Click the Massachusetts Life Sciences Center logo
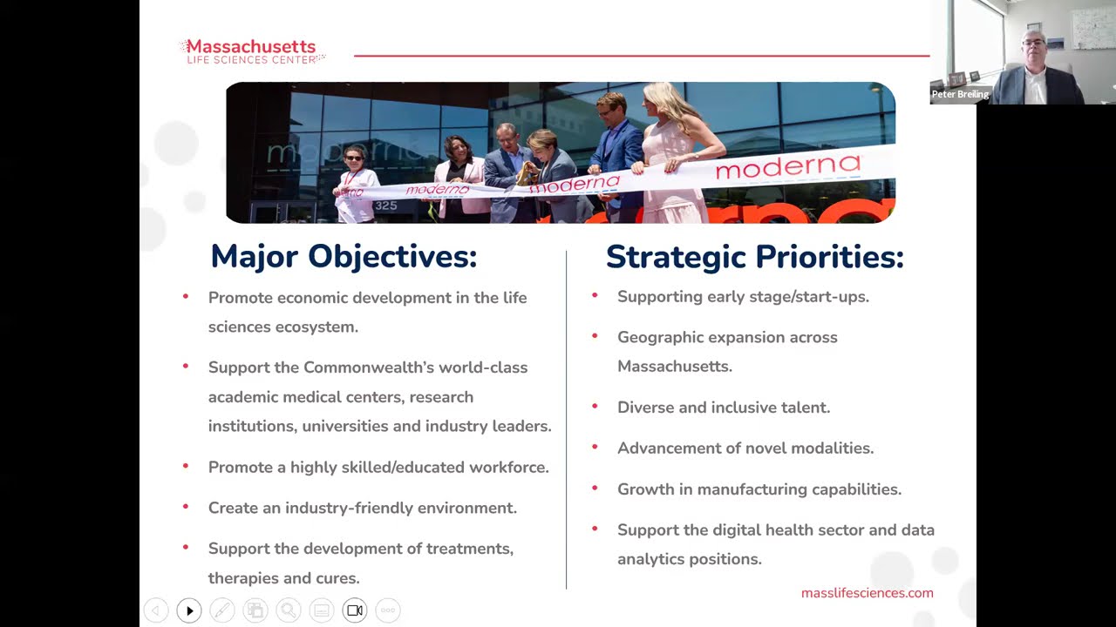pyautogui.click(x=251, y=51)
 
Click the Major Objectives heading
pyautogui.click(x=344, y=257)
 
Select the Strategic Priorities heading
pyautogui.click(x=754, y=257)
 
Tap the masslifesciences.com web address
pyautogui.click(x=867, y=593)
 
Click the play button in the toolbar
pyautogui.click(x=189, y=610)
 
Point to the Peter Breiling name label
pyautogui.click(x=959, y=94)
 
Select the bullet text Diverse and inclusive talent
pyautogui.click(x=723, y=408)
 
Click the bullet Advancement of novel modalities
pyautogui.click(x=745, y=448)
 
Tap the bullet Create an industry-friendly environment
pyautogui.click(x=362, y=508)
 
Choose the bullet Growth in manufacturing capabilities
pyautogui.click(x=759, y=489)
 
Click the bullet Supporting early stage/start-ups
pyautogui.click(x=742, y=297)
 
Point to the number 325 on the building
pyautogui.click(x=385, y=206)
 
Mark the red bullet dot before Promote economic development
pyautogui.click(x=186, y=297)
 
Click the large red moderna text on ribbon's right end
pyautogui.click(x=787, y=166)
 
